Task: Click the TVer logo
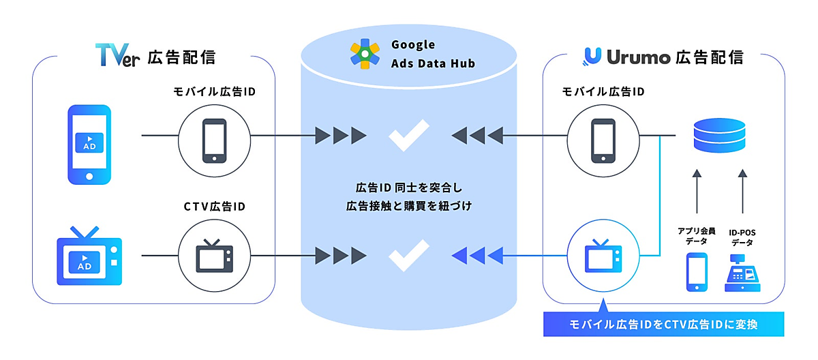[x=117, y=55]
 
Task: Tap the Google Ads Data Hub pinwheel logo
[x=365, y=54]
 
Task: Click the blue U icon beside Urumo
[x=592, y=57]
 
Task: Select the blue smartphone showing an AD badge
[x=89, y=145]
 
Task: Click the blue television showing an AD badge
[x=89, y=256]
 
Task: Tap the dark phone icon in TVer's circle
[x=214, y=141]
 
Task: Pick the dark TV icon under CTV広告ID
[x=214, y=256]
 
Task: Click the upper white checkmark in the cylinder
[x=409, y=135]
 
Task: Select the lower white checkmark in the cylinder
[x=409, y=255]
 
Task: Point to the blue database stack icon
[x=719, y=135]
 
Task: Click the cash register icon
[x=742, y=273]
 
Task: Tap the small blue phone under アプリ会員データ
[x=697, y=272]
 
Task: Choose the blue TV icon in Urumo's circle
[x=603, y=256]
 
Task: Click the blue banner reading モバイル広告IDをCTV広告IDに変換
[x=663, y=325]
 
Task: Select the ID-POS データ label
[x=742, y=237]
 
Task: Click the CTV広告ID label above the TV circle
[x=214, y=207]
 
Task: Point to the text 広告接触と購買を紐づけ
[x=409, y=206]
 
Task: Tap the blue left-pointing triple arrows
[x=477, y=256]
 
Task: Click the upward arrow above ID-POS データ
[x=742, y=192]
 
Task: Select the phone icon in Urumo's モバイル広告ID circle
[x=603, y=141]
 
